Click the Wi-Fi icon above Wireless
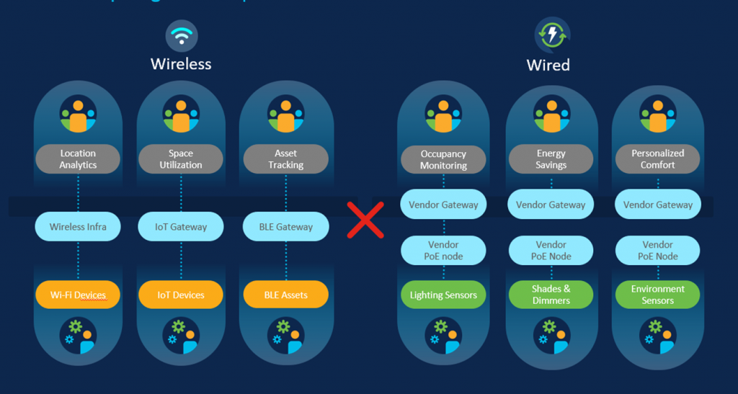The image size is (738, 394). (x=182, y=35)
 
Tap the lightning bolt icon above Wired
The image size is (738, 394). (x=552, y=35)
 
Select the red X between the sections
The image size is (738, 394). (x=365, y=220)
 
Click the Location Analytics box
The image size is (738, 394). (x=78, y=159)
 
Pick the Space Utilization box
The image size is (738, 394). (x=181, y=159)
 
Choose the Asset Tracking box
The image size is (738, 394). (x=286, y=159)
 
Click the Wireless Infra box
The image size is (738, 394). (x=78, y=227)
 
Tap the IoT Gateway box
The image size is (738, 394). (x=181, y=227)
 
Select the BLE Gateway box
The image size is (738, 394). (x=286, y=227)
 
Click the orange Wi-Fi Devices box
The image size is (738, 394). (x=78, y=295)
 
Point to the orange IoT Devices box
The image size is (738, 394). (x=181, y=295)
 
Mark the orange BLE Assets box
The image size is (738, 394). (x=286, y=295)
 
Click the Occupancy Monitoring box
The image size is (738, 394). (x=443, y=160)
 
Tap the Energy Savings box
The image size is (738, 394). (x=551, y=160)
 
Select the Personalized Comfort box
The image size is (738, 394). (x=657, y=159)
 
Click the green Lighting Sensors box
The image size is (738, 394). (x=443, y=295)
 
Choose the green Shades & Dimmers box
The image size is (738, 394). (x=551, y=295)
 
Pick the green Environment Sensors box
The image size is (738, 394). (x=657, y=295)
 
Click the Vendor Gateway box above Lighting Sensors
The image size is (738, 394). (x=443, y=205)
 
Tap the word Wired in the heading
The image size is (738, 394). (x=548, y=65)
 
